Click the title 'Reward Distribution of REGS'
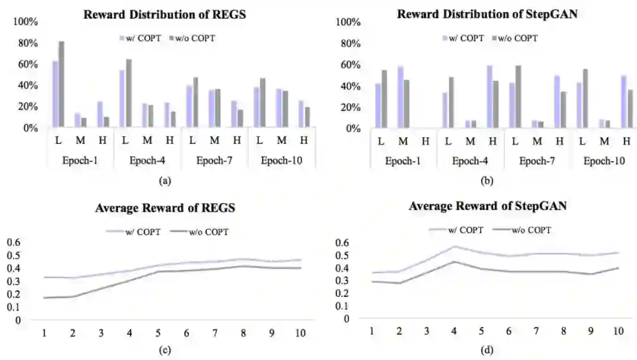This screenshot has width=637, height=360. pos(165,15)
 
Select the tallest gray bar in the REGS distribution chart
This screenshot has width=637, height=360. pos(61,84)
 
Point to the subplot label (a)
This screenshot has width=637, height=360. pos(165,181)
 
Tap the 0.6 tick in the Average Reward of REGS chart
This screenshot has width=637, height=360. pos(13,243)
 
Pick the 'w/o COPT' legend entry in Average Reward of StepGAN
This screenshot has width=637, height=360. pos(527,230)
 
